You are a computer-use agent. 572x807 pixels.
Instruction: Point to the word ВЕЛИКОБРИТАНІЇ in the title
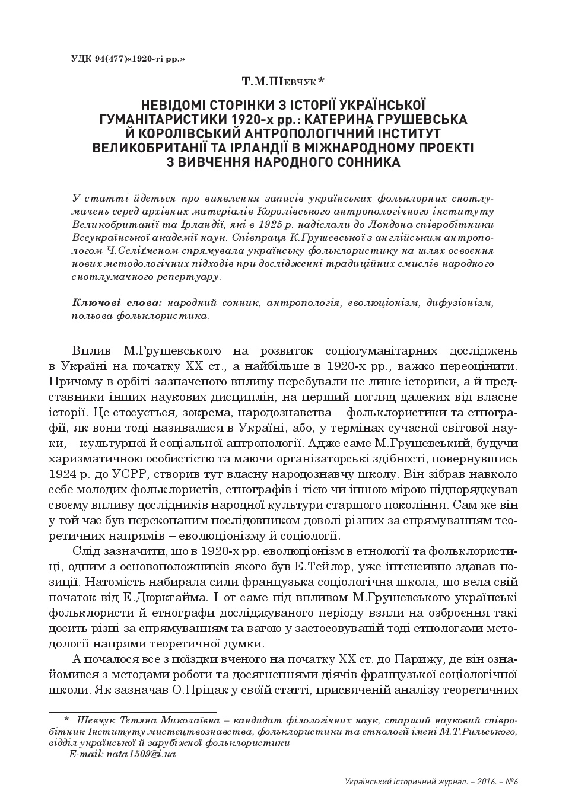click(x=150, y=147)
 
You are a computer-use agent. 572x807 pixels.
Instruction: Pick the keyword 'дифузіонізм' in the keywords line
click(x=459, y=303)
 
